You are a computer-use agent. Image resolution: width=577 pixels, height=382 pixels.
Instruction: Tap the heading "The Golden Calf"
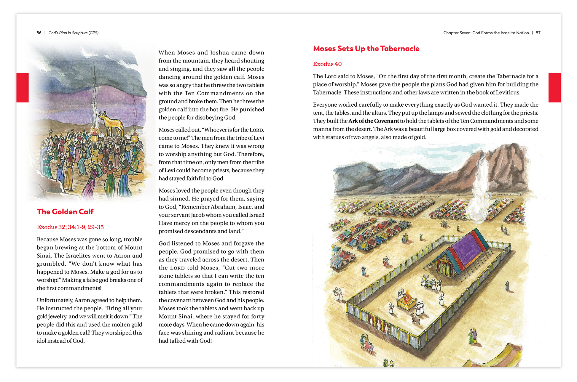[x=65, y=212]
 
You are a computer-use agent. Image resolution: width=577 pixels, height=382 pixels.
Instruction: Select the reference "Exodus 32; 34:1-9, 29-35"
[x=70, y=227]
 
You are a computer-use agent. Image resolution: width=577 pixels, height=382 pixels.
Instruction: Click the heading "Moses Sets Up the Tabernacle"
[x=366, y=49]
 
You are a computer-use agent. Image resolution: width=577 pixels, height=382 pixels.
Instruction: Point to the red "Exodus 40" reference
[x=327, y=64]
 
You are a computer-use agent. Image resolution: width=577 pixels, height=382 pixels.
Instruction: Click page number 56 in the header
[x=39, y=33]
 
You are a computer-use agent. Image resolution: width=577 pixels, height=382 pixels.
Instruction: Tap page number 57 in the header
[x=538, y=33]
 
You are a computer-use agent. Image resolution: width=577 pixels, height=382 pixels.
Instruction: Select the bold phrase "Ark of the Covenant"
[x=373, y=121]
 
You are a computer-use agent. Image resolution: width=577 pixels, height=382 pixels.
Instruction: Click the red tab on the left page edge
[x=23, y=88]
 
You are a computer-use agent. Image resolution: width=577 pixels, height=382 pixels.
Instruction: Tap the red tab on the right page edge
[x=554, y=88]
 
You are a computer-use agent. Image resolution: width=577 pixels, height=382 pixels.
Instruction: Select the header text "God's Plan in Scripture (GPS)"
[x=74, y=33]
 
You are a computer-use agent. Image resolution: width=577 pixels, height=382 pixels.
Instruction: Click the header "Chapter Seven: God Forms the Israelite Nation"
[x=486, y=33]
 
